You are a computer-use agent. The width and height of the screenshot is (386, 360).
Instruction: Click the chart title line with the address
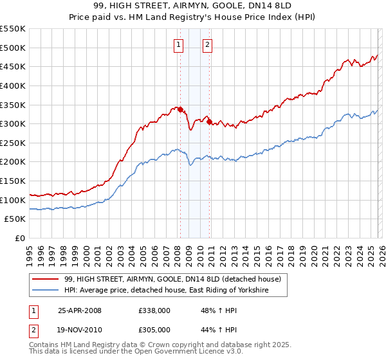(x=193, y=6)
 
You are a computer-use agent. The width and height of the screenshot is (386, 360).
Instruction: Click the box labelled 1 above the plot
(x=178, y=44)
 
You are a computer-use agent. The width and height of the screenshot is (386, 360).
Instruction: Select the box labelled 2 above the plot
(x=207, y=44)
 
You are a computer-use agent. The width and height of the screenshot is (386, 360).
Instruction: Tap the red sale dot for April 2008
(x=180, y=109)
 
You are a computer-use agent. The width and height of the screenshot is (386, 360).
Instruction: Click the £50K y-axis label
(x=15, y=219)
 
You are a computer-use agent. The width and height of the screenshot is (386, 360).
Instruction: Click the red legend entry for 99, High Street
(x=172, y=279)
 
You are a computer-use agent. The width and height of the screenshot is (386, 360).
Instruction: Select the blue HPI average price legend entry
(x=166, y=291)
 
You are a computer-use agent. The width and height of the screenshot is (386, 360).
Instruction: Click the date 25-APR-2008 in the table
(x=80, y=310)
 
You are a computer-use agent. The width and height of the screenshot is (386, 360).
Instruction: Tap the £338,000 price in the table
(x=154, y=310)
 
